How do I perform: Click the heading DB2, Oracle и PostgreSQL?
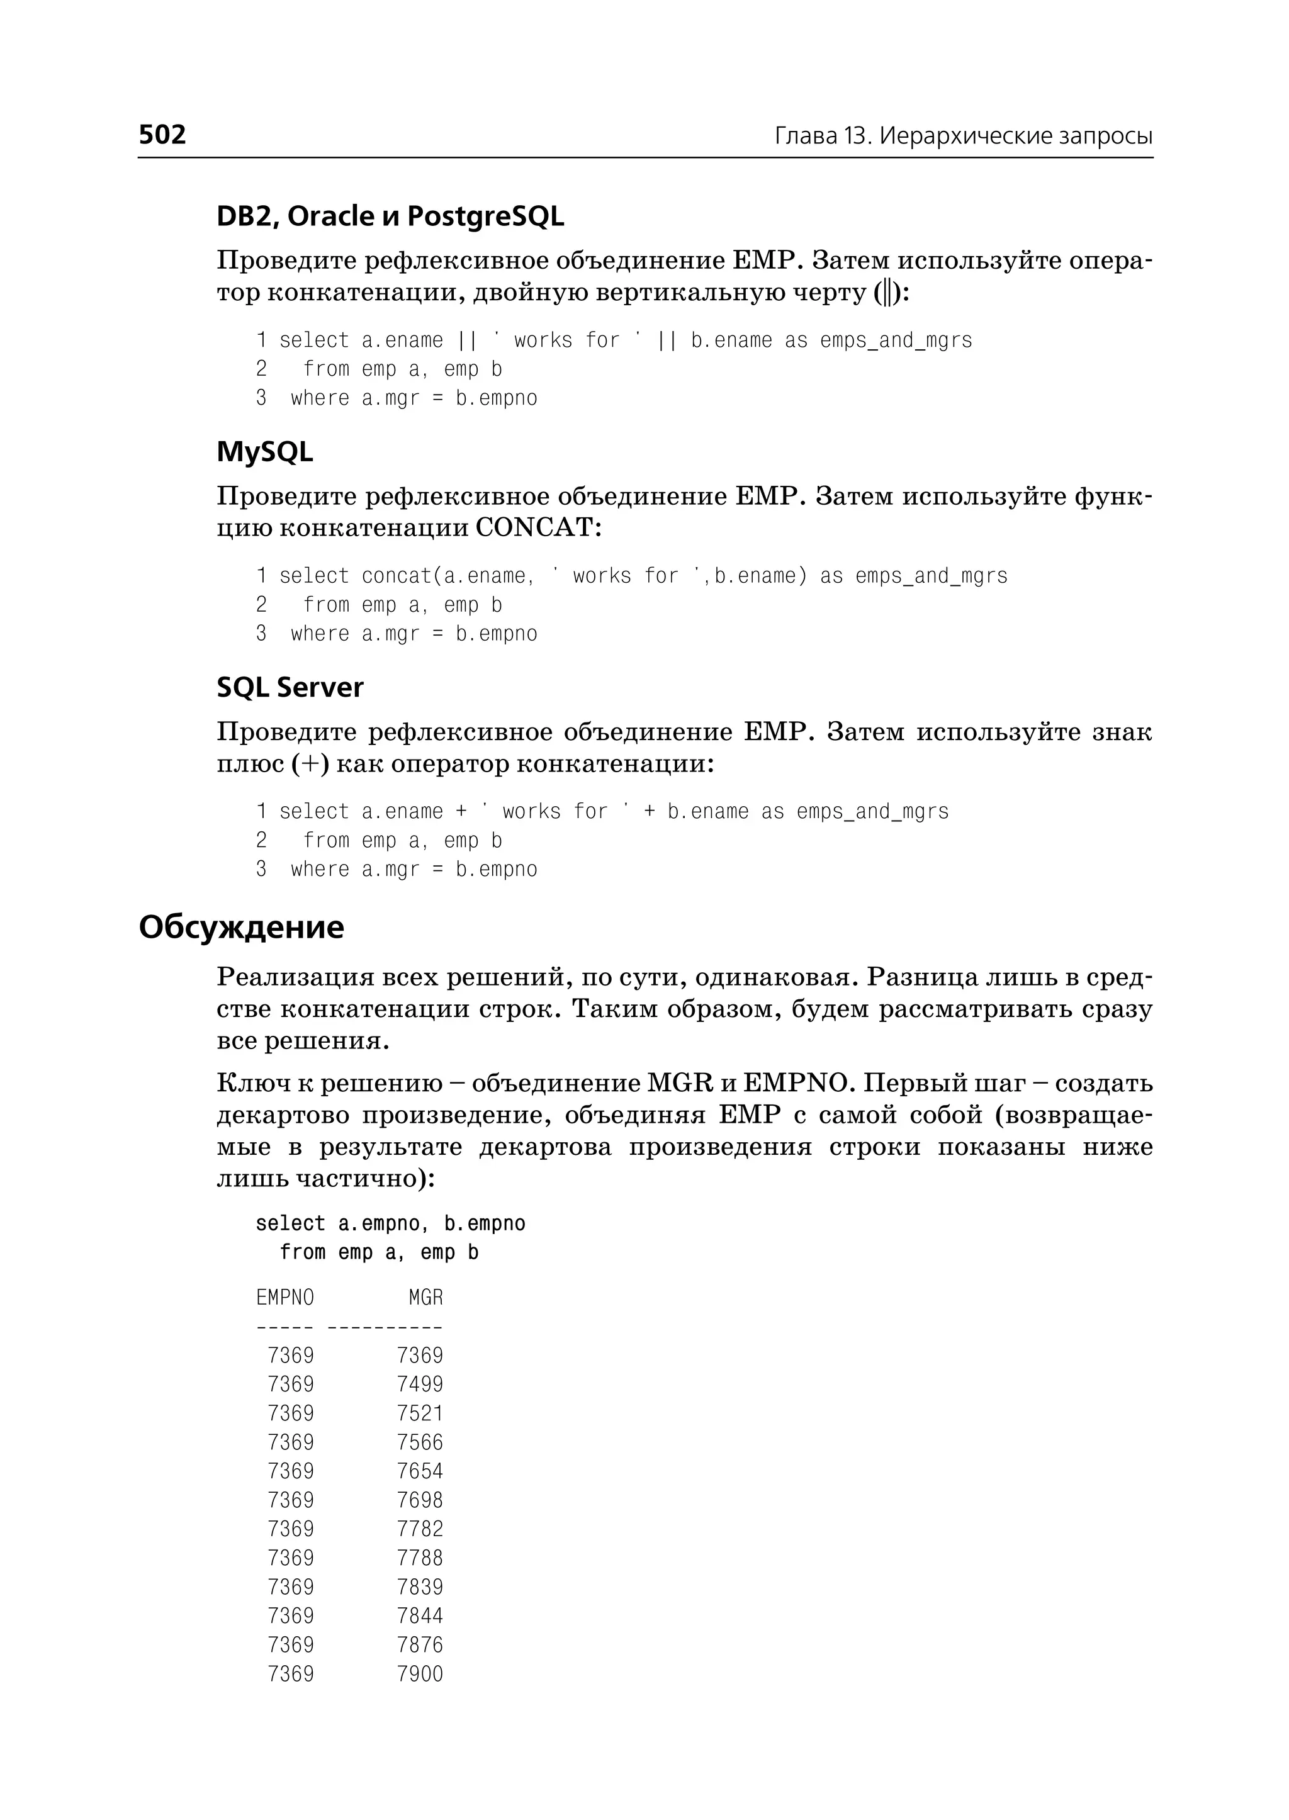coord(390,216)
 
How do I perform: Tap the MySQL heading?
coord(264,452)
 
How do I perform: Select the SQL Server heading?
coord(290,687)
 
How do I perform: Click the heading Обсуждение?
coord(241,927)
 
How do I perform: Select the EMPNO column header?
coord(285,1298)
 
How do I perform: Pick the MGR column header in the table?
coord(425,1298)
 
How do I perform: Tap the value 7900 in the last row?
coord(420,1674)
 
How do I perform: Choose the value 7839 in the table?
coord(420,1587)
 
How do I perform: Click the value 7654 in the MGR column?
coord(420,1471)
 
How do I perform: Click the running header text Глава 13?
coord(822,137)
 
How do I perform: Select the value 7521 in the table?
coord(420,1413)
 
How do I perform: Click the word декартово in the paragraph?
coord(283,1115)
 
